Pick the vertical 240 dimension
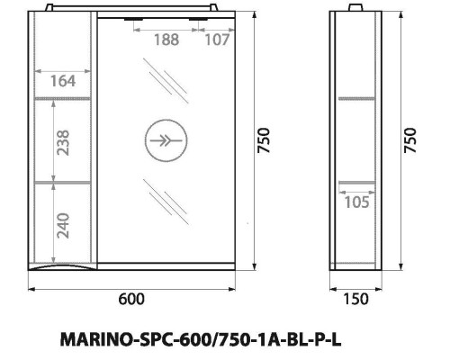click(60, 223)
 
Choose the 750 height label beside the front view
click(263, 139)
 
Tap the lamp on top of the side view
click(359, 9)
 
